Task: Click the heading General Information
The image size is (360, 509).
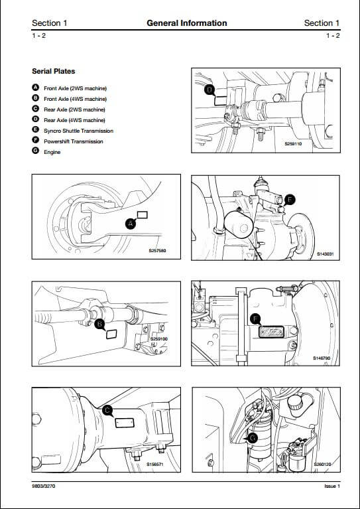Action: click(187, 23)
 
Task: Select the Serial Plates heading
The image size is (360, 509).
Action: click(54, 72)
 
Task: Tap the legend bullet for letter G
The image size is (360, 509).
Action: click(36, 151)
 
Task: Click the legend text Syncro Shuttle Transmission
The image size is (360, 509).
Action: click(78, 131)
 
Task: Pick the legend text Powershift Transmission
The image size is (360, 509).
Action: click(74, 141)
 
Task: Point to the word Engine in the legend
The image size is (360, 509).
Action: click(52, 152)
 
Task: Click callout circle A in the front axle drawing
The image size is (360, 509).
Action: click(131, 224)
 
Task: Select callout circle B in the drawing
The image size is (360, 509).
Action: click(99, 324)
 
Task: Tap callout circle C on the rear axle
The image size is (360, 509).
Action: click(107, 410)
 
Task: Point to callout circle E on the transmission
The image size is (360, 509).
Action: click(290, 200)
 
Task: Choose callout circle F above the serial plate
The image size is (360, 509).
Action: click(256, 319)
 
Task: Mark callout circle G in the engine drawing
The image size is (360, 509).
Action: click(253, 439)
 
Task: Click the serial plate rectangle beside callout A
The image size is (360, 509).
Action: click(143, 214)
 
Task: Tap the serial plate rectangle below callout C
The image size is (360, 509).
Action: click(125, 423)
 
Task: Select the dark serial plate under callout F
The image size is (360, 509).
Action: click(271, 332)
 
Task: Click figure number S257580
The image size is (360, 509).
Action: click(158, 251)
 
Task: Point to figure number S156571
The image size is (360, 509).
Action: click(155, 464)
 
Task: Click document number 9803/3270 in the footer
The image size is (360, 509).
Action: click(44, 486)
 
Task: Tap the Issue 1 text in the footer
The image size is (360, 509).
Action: click(332, 486)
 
